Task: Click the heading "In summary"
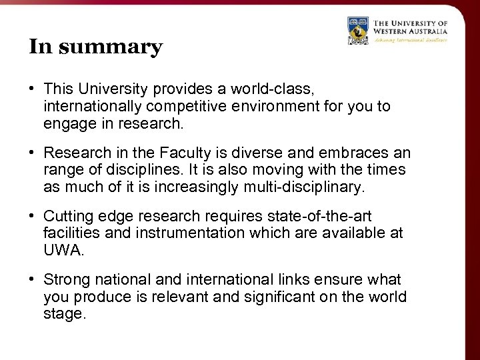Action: click(95, 47)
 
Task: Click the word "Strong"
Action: click(65, 279)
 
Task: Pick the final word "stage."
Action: click(65, 314)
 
